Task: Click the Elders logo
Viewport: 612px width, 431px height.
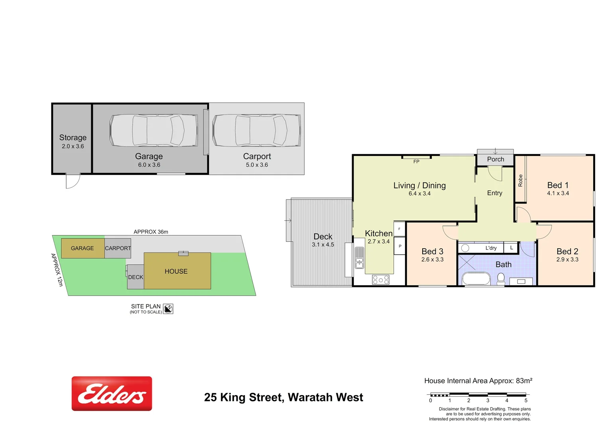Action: pyautogui.click(x=112, y=393)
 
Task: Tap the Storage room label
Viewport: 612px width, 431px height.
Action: pyautogui.click(x=73, y=138)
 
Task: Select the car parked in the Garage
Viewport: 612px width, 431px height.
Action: pyautogui.click(x=153, y=130)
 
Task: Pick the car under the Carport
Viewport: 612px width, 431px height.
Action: pyautogui.click(x=257, y=130)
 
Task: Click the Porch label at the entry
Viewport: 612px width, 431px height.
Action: pyautogui.click(x=496, y=159)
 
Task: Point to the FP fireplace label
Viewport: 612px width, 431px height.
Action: pyautogui.click(x=416, y=162)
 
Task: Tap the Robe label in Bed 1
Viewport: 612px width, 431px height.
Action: pyautogui.click(x=520, y=180)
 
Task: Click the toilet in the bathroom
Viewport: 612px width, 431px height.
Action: pyautogui.click(x=501, y=279)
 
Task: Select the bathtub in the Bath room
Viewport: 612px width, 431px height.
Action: pyautogui.click(x=476, y=279)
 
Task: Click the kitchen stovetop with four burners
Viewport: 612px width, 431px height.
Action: pyautogui.click(x=381, y=280)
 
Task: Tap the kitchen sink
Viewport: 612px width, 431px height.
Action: pyautogui.click(x=360, y=258)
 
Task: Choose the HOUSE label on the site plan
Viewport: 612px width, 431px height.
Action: pyautogui.click(x=176, y=271)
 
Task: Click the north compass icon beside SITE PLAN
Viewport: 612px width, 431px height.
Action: pyautogui.click(x=168, y=308)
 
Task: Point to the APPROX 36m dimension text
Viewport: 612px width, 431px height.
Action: pyautogui.click(x=151, y=232)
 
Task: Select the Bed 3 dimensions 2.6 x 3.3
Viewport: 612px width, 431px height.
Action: pyautogui.click(x=432, y=259)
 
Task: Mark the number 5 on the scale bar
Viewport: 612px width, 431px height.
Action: pyautogui.click(x=526, y=401)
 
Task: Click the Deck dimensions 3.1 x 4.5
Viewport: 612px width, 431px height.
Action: pyautogui.click(x=323, y=245)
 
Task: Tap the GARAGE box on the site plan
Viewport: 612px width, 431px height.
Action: pyautogui.click(x=83, y=248)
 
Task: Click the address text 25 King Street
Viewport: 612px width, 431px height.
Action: pyautogui.click(x=283, y=397)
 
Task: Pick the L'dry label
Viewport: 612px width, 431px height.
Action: pyautogui.click(x=491, y=248)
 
